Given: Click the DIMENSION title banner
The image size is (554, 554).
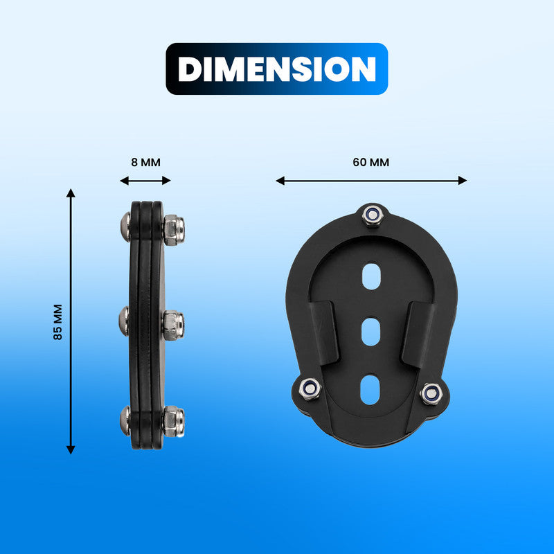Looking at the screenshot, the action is coord(277,69).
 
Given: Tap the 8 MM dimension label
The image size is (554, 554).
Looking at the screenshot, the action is coord(145,163).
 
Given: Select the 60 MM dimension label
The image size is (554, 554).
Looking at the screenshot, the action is coord(371,163).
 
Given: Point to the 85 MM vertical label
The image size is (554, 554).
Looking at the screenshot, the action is coord(57,322).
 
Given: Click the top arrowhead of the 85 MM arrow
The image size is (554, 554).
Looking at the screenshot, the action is coord(71,193).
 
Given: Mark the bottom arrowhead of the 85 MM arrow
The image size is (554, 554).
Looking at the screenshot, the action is coord(71,449).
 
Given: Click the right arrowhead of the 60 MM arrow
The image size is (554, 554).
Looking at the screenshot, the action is coord(463,181).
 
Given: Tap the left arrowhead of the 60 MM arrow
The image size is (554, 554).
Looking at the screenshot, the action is coord(280,181).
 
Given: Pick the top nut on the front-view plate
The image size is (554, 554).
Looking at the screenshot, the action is coord(373,214).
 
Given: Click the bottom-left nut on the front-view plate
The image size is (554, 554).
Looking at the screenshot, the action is coord(310,389).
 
